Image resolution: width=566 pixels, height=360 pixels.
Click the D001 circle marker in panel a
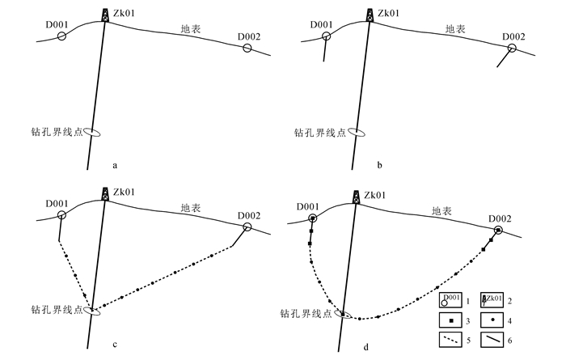(61, 36)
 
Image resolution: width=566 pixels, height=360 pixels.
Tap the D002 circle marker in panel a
(247, 48)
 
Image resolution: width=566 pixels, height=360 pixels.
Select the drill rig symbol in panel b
(370, 15)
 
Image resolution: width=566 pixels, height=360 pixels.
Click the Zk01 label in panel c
(124, 193)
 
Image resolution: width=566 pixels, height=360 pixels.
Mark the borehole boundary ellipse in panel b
(356, 133)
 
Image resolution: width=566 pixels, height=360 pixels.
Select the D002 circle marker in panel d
(498, 231)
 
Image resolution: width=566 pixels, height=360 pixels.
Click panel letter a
(116, 166)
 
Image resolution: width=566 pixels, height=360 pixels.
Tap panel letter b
(379, 166)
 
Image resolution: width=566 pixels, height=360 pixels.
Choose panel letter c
(116, 345)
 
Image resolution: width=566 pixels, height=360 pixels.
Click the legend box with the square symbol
(450, 321)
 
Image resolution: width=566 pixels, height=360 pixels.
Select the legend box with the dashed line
(450, 341)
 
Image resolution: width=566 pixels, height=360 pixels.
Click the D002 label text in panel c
(249, 214)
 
